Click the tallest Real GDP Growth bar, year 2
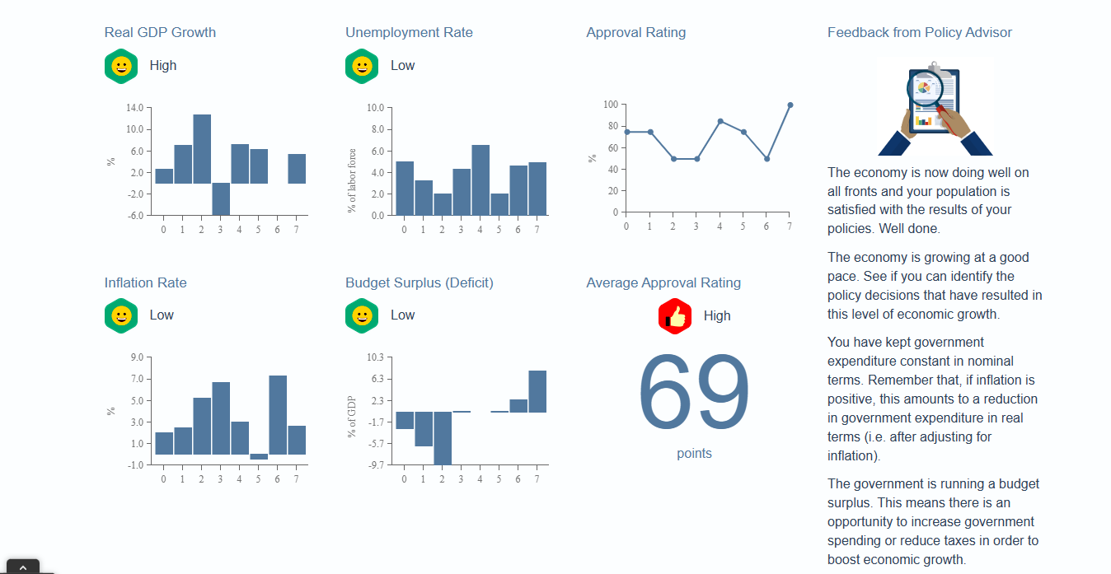(x=202, y=149)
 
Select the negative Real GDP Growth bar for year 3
(x=221, y=198)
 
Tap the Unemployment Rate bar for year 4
(x=480, y=180)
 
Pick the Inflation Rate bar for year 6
(x=278, y=415)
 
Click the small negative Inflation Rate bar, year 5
(x=259, y=457)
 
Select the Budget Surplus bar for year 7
(x=537, y=391)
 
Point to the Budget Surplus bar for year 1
(x=424, y=428)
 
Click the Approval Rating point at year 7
(x=790, y=105)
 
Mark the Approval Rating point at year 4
(x=720, y=121)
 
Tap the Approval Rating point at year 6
(x=766, y=159)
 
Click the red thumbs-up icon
(x=675, y=316)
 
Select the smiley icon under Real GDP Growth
(x=121, y=66)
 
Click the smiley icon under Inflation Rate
(x=121, y=315)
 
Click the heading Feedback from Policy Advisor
(x=919, y=33)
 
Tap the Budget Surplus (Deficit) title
(x=419, y=283)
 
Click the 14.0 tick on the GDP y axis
(x=135, y=108)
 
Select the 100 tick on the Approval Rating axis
(x=610, y=105)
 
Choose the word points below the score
(x=694, y=454)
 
